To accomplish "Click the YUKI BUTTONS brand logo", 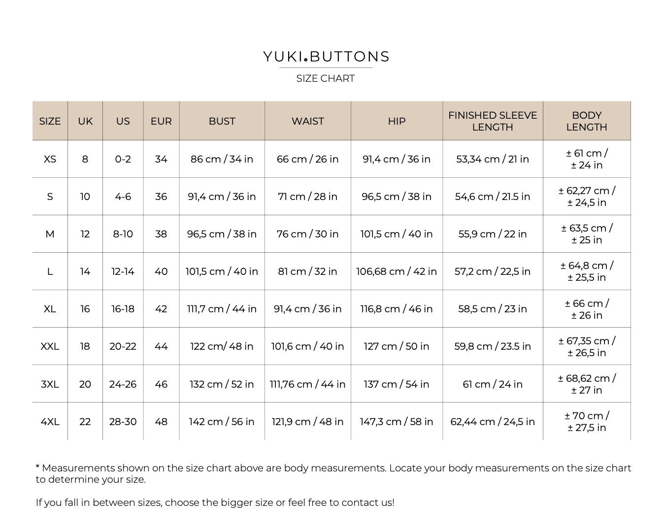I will [326, 57].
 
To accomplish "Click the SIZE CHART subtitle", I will [325, 78].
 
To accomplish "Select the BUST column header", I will [222, 121].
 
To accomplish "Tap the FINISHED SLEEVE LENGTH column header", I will [492, 121].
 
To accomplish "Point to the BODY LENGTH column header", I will [586, 121].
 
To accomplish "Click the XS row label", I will [50, 159].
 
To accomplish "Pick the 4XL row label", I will [50, 422].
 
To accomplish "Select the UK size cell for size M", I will [85, 234].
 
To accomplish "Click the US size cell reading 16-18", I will [123, 309].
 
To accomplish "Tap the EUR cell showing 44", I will [161, 346].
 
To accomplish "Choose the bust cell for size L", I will [222, 271].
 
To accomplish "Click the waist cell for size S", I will [307, 197].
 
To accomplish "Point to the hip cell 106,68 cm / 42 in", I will [396, 271].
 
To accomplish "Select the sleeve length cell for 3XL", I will [492, 384].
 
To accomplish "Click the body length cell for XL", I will [586, 309].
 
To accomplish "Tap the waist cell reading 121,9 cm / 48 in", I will [307, 422].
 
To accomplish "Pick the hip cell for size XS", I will [396, 159].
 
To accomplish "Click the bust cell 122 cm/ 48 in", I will [222, 346].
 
